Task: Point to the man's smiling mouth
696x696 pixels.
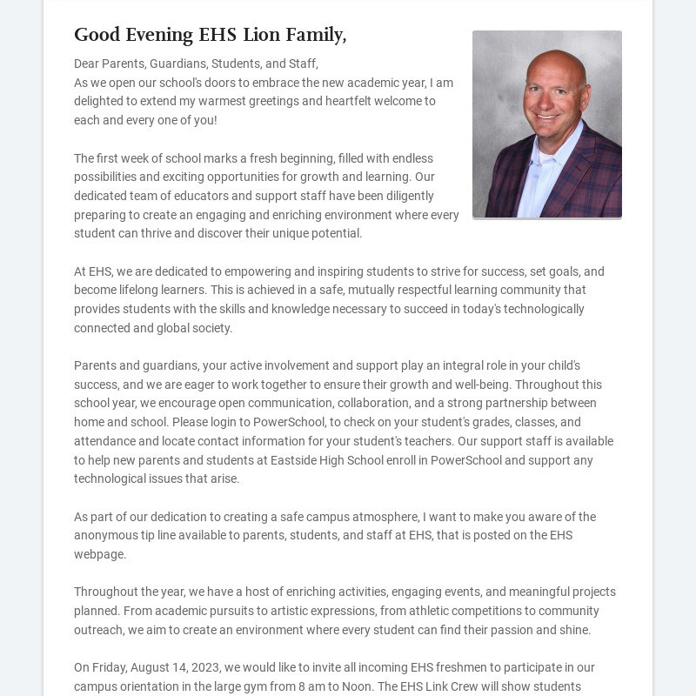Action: tap(547, 117)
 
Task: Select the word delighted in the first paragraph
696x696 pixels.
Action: tap(99, 101)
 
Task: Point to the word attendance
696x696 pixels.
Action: tap(105, 441)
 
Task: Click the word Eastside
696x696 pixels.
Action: tap(299, 460)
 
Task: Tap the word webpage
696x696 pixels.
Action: tap(99, 554)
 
